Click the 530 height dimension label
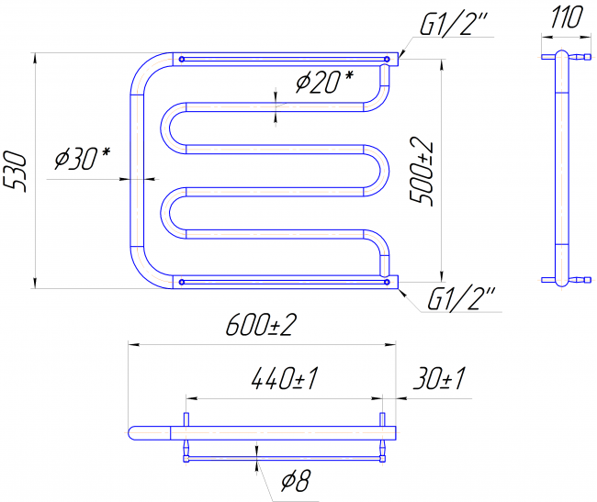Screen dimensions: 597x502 [15, 171]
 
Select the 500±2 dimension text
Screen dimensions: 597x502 [422, 171]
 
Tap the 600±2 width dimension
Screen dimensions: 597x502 [261, 325]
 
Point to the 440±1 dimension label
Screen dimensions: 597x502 [285, 378]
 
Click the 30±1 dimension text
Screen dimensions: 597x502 [439, 378]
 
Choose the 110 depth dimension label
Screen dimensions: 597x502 [567, 17]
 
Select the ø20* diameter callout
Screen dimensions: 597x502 [324, 82]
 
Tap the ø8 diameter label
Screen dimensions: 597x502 [297, 480]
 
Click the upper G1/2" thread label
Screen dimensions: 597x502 [453, 25]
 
